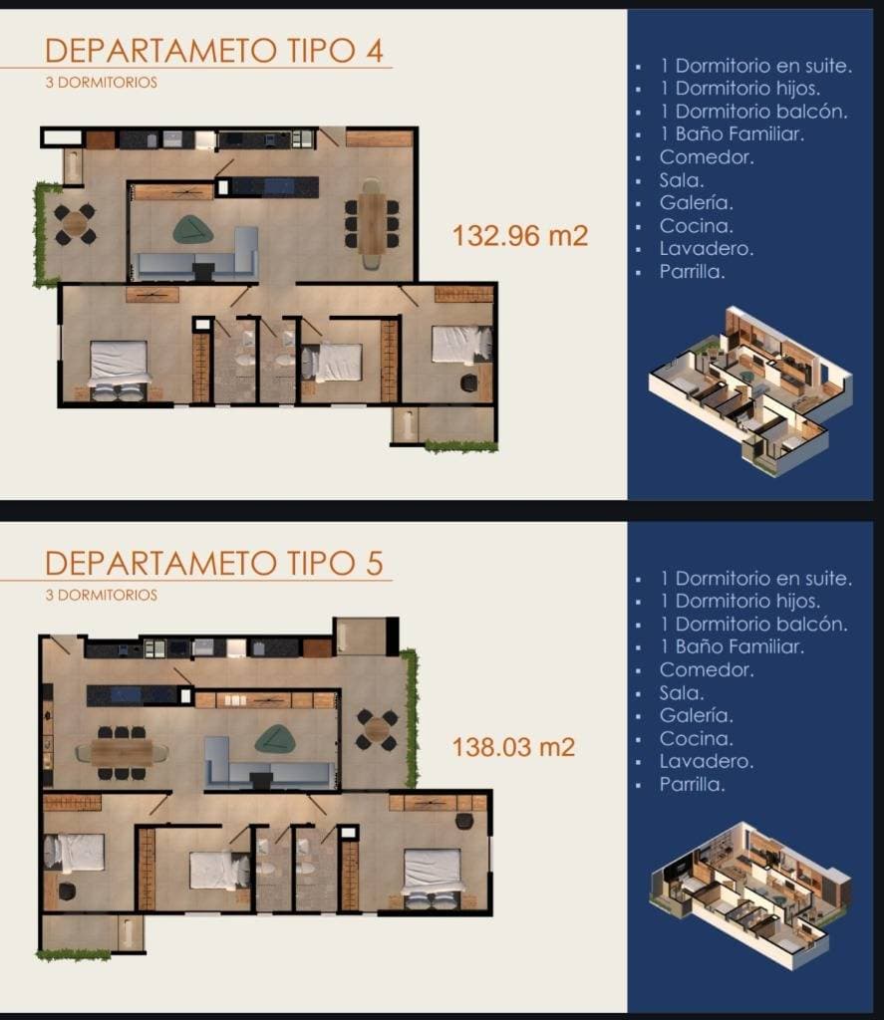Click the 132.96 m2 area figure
click(x=520, y=235)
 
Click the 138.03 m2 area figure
click(x=513, y=747)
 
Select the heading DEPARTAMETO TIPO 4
click(x=214, y=51)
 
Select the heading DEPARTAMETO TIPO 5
click(x=214, y=564)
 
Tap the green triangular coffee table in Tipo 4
click(x=192, y=230)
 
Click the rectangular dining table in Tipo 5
click(x=122, y=753)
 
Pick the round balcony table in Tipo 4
click(x=75, y=224)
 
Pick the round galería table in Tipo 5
click(x=377, y=730)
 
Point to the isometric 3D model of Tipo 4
click(x=750, y=389)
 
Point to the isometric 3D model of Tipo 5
click(x=750, y=895)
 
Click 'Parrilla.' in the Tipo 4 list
click(x=692, y=271)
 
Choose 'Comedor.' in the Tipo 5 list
click(x=707, y=669)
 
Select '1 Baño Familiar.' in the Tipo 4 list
click(x=733, y=134)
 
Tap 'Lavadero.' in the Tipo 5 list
click(x=707, y=761)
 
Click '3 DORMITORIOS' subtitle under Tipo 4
click(x=102, y=83)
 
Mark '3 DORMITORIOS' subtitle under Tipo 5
click(x=102, y=596)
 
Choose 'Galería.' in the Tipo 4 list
click(x=696, y=203)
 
